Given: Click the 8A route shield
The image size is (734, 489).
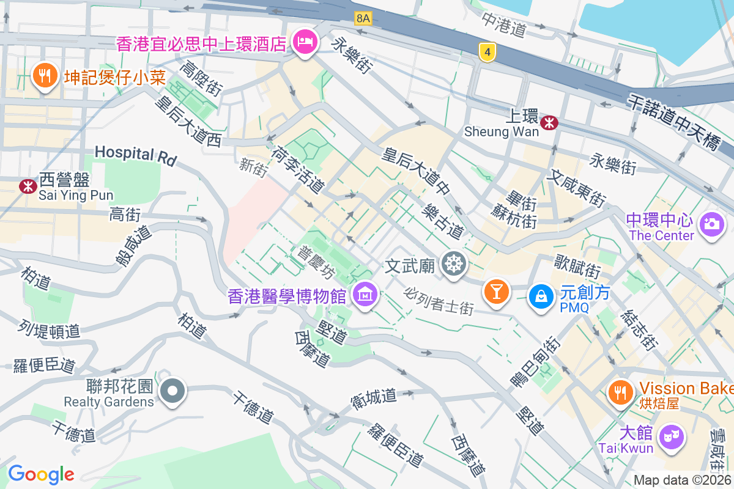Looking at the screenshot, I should pyautogui.click(x=363, y=18).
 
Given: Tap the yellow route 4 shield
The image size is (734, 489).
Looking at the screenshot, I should pyautogui.click(x=487, y=53).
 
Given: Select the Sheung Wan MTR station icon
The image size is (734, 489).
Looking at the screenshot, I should pyautogui.click(x=549, y=122).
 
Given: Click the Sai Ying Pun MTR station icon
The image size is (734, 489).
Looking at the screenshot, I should pyautogui.click(x=28, y=186).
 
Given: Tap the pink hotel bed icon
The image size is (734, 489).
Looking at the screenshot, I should pyautogui.click(x=304, y=42).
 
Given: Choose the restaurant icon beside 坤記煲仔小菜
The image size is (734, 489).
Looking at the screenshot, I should pyautogui.click(x=43, y=76).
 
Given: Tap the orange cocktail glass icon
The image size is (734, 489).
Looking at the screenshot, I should pyautogui.click(x=496, y=291).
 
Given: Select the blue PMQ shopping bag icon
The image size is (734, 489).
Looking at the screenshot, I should pyautogui.click(x=541, y=296).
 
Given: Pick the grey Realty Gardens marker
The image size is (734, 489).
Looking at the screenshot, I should pyautogui.click(x=173, y=390).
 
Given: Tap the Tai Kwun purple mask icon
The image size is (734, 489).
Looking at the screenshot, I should pyautogui.click(x=672, y=437).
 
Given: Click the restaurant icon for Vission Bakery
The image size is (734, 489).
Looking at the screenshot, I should pyautogui.click(x=621, y=392).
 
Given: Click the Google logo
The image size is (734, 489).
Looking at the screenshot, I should pyautogui.click(x=41, y=474).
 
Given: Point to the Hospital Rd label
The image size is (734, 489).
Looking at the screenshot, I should pyautogui.click(x=135, y=155).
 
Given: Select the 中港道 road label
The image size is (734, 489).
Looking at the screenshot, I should pyautogui.click(x=504, y=25).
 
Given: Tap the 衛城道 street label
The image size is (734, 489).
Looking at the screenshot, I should pyautogui.click(x=373, y=397).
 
